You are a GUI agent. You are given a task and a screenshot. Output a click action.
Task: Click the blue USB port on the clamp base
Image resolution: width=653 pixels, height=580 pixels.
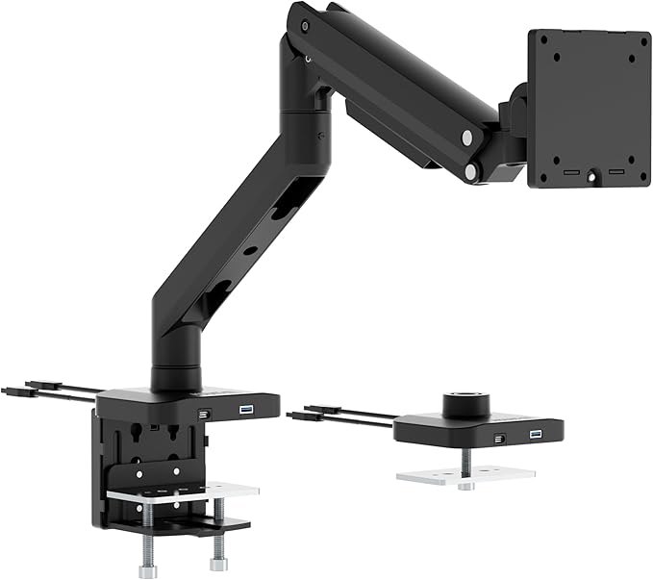(x=243, y=410)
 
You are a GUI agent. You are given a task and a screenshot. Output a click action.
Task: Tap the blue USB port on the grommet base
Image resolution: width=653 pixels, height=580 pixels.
(x=535, y=436)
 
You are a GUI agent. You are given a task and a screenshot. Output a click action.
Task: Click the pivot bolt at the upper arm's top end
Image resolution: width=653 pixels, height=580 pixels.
(x=305, y=23)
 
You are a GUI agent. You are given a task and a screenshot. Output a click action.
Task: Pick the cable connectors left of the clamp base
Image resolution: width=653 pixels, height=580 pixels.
(x=38, y=390)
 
